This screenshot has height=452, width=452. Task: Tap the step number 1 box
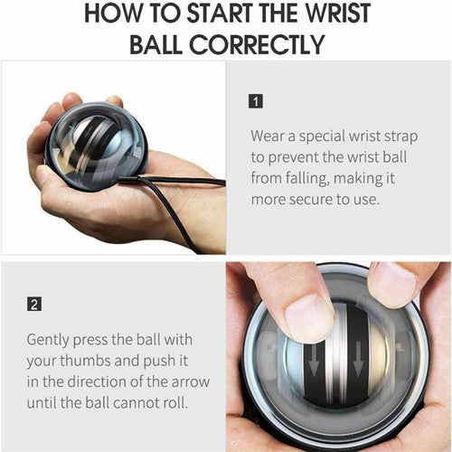tap(257, 100)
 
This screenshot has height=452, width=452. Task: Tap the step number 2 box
tap(33, 304)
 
